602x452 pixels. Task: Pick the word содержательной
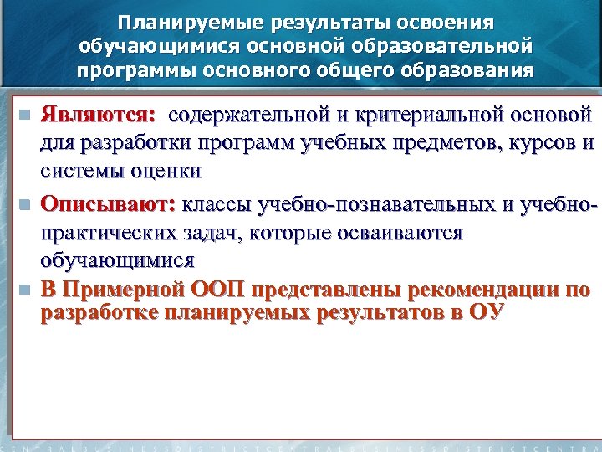point(256,113)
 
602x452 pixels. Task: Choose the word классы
point(217,203)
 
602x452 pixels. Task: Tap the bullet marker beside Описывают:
point(25,204)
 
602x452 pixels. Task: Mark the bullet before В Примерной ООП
point(25,291)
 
